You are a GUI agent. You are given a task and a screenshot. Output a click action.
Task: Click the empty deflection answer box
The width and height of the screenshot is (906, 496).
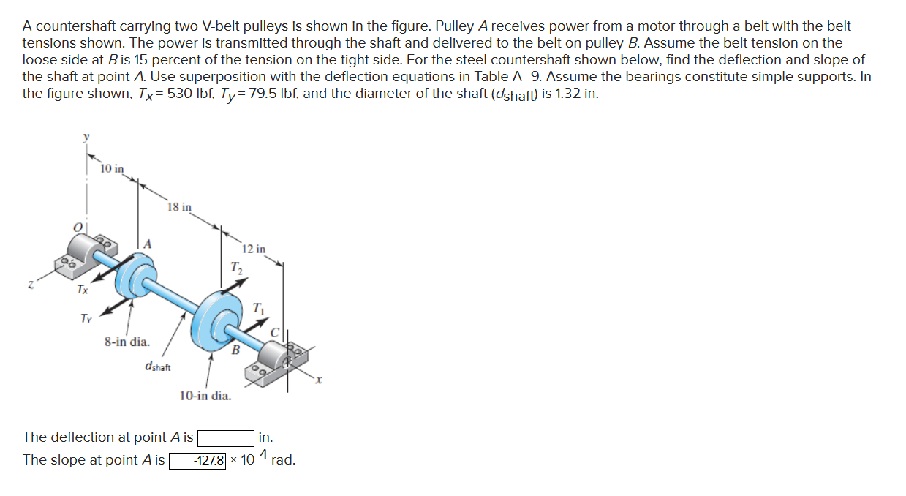click(225, 437)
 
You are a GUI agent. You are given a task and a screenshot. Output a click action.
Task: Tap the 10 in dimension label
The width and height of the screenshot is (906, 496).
click(112, 169)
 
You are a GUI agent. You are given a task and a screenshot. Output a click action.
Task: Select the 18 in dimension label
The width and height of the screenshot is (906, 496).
click(179, 207)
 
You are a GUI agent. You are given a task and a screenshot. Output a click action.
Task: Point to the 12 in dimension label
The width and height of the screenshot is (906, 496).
click(254, 249)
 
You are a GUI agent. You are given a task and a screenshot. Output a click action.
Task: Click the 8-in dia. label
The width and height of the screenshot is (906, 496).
click(127, 341)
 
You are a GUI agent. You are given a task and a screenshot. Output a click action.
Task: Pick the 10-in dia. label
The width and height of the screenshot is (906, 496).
click(205, 396)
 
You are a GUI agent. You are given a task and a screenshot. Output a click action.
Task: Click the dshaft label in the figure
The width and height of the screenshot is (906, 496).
click(159, 366)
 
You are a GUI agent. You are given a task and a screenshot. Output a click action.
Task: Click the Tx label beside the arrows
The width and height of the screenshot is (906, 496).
click(83, 290)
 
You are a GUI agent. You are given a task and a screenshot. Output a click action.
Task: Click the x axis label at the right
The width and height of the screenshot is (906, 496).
click(318, 379)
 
